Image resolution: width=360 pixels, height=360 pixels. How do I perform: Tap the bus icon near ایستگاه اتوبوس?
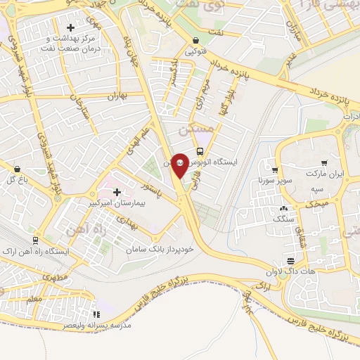point(201,151)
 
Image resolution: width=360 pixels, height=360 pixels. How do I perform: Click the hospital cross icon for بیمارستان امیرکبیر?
point(117,191)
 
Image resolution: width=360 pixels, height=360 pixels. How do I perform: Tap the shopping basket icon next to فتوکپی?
point(194,41)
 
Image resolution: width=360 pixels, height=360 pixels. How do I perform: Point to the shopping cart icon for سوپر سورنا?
point(275,170)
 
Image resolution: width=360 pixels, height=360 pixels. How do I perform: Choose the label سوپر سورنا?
point(274,181)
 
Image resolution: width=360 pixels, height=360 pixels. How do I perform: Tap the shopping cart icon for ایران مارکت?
point(324,162)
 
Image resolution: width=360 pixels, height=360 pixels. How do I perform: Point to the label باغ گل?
point(17,179)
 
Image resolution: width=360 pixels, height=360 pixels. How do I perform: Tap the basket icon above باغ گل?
point(17,169)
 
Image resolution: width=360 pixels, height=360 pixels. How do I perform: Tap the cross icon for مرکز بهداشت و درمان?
point(70,27)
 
